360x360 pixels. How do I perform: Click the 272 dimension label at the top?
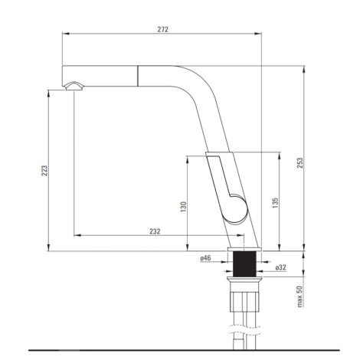pyautogui.click(x=162, y=29)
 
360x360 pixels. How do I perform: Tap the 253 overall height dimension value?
pyautogui.click(x=300, y=162)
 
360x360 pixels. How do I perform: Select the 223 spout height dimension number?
pyautogui.click(x=44, y=171)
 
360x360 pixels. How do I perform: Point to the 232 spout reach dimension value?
pyautogui.click(x=155, y=231)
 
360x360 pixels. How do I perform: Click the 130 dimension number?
pyautogui.click(x=183, y=207)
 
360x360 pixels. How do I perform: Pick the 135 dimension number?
pyautogui.click(x=275, y=203)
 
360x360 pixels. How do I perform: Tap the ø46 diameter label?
pyautogui.click(x=205, y=258)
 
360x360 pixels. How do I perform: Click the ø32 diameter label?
pyautogui.click(x=281, y=267)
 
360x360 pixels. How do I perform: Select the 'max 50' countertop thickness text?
pyautogui.click(x=299, y=296)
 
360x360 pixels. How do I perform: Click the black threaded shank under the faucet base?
pyautogui.click(x=244, y=263)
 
